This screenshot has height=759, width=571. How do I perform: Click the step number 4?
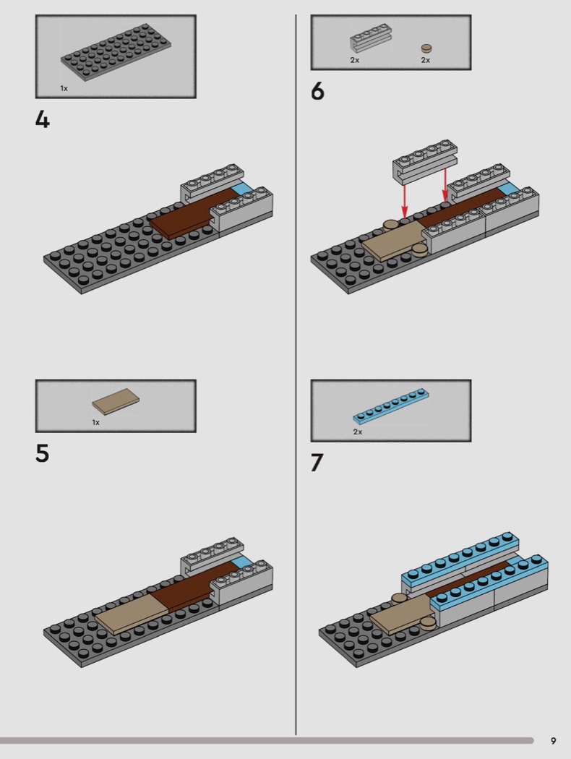(x=43, y=119)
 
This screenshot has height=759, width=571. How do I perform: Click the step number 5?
(x=43, y=453)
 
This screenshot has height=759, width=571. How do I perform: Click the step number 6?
(x=318, y=93)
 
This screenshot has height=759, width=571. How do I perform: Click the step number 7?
(x=317, y=462)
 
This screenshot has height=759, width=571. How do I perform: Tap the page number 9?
(x=553, y=741)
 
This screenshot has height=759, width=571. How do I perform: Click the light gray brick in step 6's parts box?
(x=371, y=43)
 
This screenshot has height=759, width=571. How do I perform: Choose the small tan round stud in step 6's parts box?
(x=426, y=48)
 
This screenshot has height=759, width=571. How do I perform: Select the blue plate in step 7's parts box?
(x=391, y=407)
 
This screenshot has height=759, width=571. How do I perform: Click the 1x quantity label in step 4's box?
(x=64, y=88)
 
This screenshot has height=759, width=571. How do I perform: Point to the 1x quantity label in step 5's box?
(x=95, y=422)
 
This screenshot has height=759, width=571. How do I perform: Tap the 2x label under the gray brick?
(x=354, y=60)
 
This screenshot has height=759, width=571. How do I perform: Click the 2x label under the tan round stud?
(x=426, y=60)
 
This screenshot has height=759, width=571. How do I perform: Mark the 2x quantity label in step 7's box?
(x=358, y=432)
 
